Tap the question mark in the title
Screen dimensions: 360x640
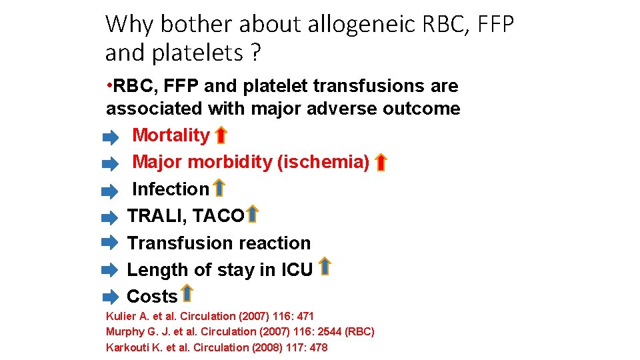tap(256, 53)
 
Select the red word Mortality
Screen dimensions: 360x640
tap(171, 135)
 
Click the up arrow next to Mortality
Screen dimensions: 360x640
tap(221, 135)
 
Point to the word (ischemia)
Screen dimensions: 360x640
tap(324, 162)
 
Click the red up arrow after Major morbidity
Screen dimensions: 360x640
tap(380, 162)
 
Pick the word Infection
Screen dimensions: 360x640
tap(171, 189)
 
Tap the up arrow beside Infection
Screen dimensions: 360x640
tap(219, 188)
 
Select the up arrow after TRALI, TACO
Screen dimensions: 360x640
tap(252, 215)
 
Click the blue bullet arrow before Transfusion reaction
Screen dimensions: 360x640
tap(109, 243)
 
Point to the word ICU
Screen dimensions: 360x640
tap(297, 270)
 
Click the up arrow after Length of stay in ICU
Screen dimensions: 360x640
tap(324, 267)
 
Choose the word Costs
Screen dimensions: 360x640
tap(152, 297)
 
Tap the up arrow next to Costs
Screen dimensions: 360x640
tap(187, 294)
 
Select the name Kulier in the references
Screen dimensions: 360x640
tap(119, 316)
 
